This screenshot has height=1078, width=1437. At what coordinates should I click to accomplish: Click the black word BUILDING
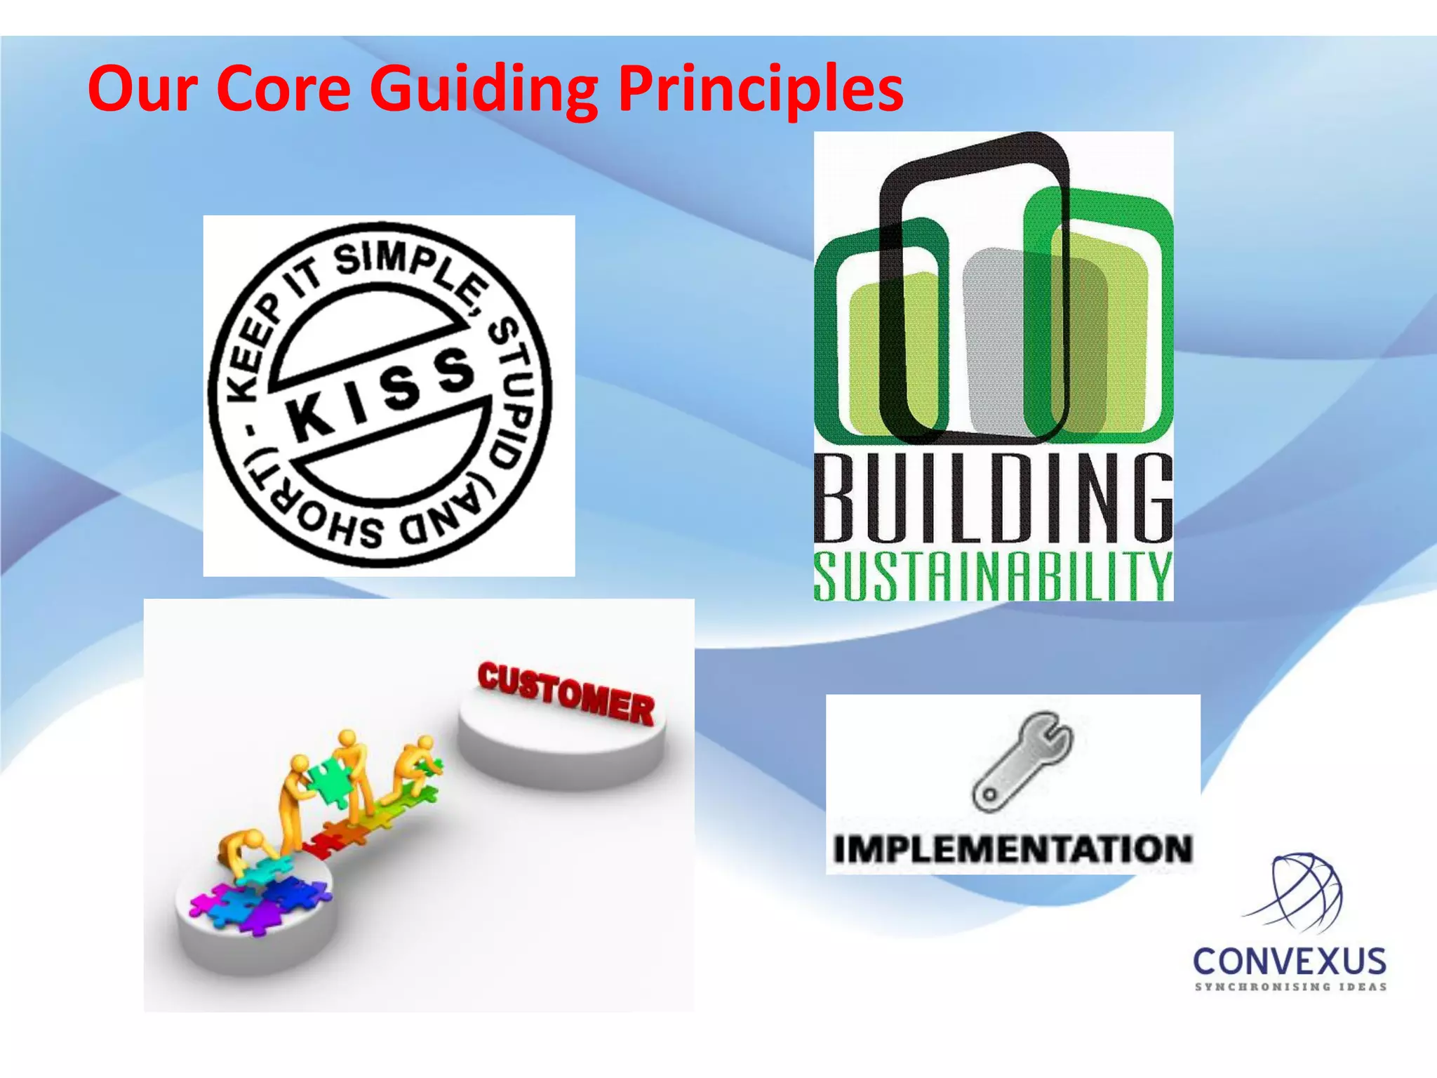[x=993, y=498]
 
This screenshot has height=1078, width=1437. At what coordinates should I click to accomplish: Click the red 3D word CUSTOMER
[x=566, y=695]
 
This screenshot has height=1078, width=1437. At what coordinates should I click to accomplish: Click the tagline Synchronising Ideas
[x=1290, y=987]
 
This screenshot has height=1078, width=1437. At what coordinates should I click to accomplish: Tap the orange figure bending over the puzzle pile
[x=242, y=849]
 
